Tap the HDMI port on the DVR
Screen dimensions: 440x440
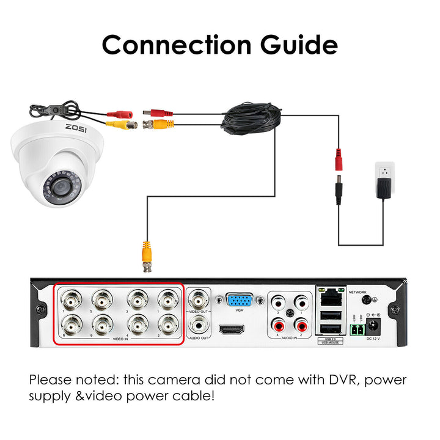point(232,329)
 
